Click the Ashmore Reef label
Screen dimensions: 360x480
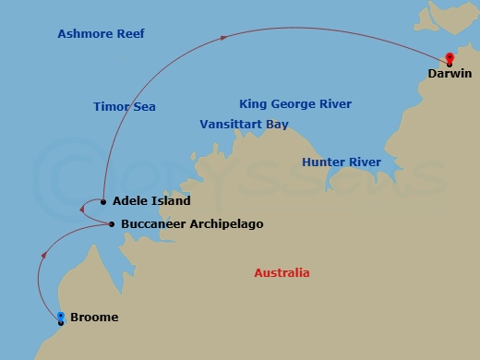[x=101, y=34]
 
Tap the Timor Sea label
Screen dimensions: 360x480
[x=124, y=107]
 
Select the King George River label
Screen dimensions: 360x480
[x=294, y=104]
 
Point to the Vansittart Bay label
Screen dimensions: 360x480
[x=244, y=124]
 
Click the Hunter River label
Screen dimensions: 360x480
[x=341, y=162]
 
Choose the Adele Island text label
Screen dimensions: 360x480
[x=151, y=201]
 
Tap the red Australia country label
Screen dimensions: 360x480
[x=282, y=273]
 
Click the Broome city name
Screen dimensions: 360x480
[x=94, y=318]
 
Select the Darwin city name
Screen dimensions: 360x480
[x=450, y=74]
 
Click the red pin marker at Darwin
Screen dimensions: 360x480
[x=449, y=58]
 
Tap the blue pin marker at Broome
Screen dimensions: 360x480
[x=61, y=318]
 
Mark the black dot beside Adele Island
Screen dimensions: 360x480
[x=104, y=201]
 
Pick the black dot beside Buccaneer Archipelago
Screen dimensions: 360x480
[x=112, y=224]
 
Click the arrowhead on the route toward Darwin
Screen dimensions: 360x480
[x=224, y=38]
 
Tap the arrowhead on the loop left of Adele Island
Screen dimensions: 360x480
[x=82, y=210]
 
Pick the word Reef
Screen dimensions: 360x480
[x=129, y=34]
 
